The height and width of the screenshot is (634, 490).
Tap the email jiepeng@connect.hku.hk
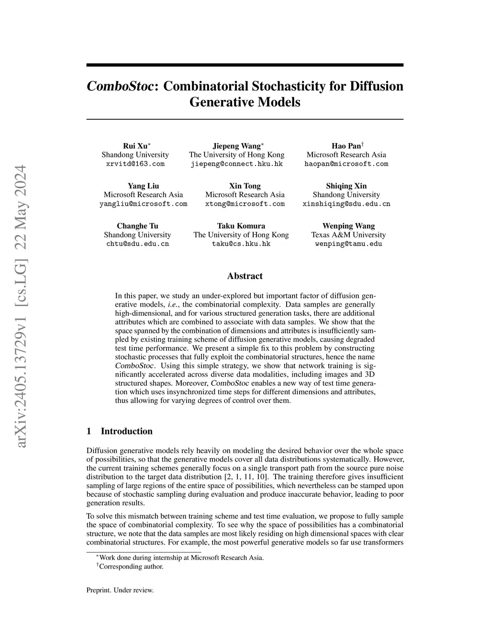(236, 164)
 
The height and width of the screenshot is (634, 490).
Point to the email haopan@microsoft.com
(346, 164)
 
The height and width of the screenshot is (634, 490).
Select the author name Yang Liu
(143, 186)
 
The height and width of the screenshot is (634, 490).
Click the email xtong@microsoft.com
(245, 204)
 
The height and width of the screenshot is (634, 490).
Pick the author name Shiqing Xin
(346, 186)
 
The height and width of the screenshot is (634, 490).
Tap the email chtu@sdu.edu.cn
(137, 244)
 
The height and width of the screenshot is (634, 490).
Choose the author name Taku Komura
(241, 226)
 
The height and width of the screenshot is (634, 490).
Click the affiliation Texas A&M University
(348, 235)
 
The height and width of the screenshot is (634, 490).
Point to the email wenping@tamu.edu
(348, 244)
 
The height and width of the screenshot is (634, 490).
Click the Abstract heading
(245, 276)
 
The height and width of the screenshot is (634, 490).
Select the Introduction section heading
(126, 431)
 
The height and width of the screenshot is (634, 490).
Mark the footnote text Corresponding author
(131, 567)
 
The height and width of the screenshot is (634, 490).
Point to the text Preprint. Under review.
(120, 590)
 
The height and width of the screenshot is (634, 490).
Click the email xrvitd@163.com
(135, 164)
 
